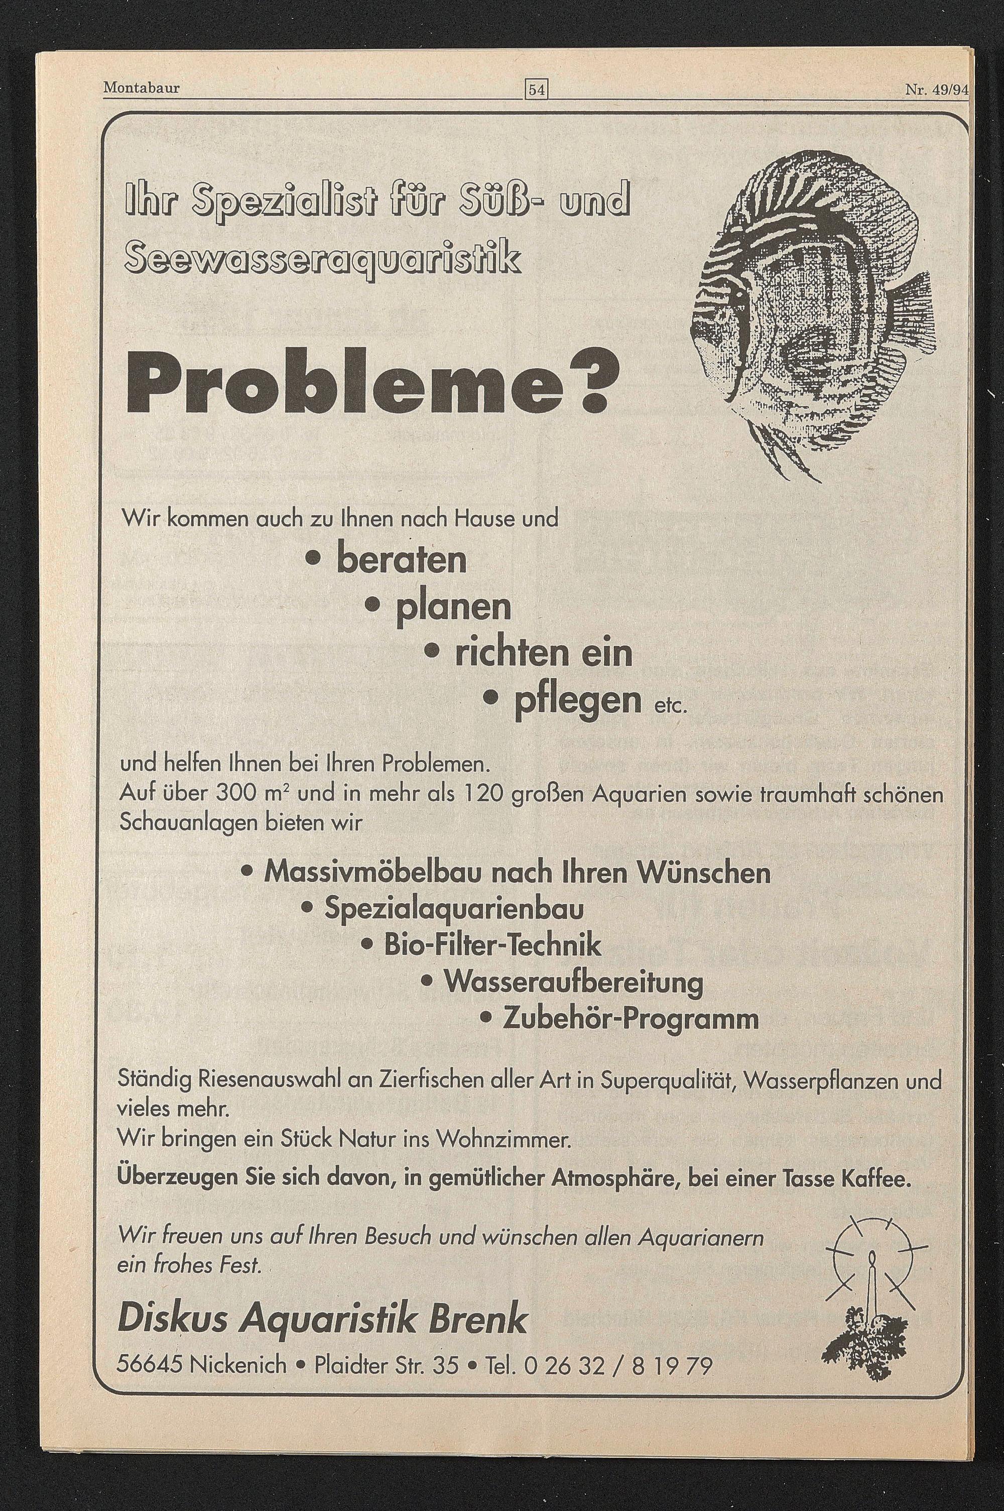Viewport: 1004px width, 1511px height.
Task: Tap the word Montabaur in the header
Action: click(141, 88)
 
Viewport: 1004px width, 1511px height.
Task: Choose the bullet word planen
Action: click(453, 607)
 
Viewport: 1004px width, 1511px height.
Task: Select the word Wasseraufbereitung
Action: click(573, 982)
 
